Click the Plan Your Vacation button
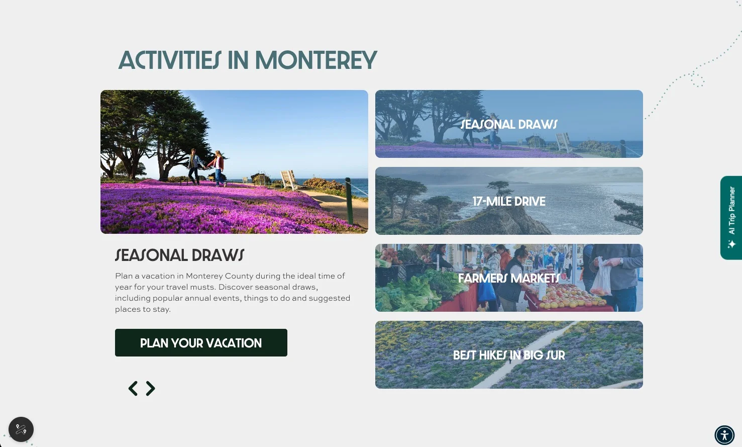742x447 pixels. click(x=201, y=343)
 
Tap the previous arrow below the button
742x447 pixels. click(x=133, y=389)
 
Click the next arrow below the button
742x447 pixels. click(x=151, y=389)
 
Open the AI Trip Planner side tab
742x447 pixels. click(x=731, y=217)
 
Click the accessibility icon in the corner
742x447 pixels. click(x=724, y=435)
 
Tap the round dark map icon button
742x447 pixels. click(x=21, y=429)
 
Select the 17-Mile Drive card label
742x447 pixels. click(x=509, y=201)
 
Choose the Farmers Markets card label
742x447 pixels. click(x=509, y=278)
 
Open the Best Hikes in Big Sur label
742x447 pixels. click(x=509, y=355)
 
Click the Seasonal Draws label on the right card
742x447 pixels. click(x=509, y=124)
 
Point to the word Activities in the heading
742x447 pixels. click(x=170, y=61)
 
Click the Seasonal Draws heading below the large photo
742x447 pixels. click(x=179, y=255)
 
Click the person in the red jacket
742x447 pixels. click(x=219, y=166)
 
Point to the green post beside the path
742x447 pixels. click(x=349, y=201)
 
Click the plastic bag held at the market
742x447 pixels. click(x=601, y=278)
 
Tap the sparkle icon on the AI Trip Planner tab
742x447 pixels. click(x=731, y=244)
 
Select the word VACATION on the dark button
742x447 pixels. click(x=234, y=343)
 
